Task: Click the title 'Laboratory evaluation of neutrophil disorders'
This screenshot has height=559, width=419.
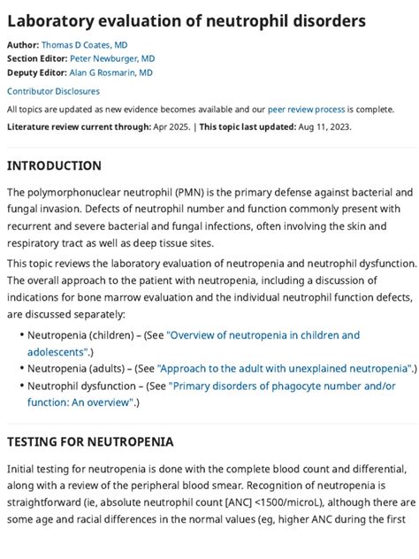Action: tap(186, 19)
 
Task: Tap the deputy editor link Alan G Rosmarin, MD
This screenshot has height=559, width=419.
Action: tap(110, 73)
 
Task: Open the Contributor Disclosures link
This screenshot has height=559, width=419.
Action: tap(53, 91)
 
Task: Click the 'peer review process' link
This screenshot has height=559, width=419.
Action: tap(306, 110)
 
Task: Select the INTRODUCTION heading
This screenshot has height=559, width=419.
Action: tap(54, 165)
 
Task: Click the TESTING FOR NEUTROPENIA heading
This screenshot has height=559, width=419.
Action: tap(90, 441)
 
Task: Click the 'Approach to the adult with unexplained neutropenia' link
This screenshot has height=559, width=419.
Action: tap(284, 368)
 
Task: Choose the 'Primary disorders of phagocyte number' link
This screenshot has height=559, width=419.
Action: tap(282, 386)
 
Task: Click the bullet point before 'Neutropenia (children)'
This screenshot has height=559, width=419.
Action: tap(20, 336)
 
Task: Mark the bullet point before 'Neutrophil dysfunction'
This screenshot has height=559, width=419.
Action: tap(20, 387)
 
